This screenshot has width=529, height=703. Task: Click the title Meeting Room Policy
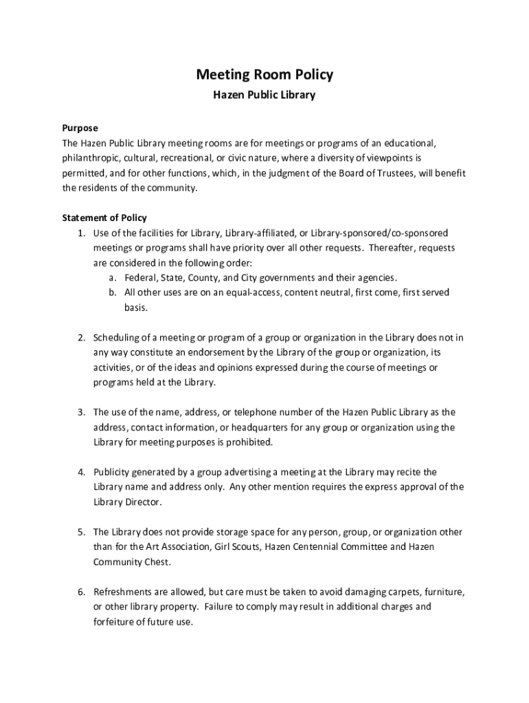(264, 74)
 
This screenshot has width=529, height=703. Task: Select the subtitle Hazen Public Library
(264, 95)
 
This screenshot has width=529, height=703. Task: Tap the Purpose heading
(80, 128)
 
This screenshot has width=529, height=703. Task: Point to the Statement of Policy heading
(104, 218)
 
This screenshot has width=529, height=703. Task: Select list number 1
(80, 233)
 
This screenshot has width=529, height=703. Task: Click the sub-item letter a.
(111, 278)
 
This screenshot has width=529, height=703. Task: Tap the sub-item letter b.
(111, 293)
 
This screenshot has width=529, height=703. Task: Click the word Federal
(140, 278)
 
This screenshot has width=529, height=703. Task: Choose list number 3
(80, 413)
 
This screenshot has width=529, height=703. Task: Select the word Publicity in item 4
(113, 472)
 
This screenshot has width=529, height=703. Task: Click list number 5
(80, 532)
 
